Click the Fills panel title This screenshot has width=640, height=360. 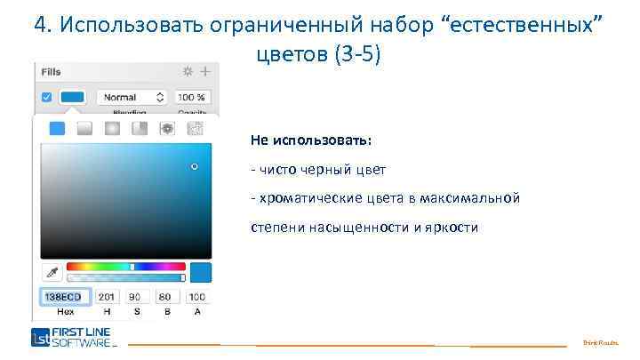52,70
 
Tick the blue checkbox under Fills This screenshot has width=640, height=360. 47,97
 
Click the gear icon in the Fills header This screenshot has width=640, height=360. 188,70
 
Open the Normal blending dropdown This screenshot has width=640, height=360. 132,97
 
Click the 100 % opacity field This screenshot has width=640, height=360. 192,97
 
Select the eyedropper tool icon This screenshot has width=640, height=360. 52,271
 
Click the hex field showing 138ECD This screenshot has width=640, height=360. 65,297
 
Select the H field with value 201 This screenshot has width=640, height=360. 108,297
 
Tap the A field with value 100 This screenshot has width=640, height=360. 196,297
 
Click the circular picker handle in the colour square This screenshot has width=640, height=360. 195,166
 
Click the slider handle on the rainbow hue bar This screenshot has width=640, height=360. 132,267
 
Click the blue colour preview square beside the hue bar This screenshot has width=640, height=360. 201,272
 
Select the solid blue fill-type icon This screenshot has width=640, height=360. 57,128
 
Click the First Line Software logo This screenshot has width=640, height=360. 74,338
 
